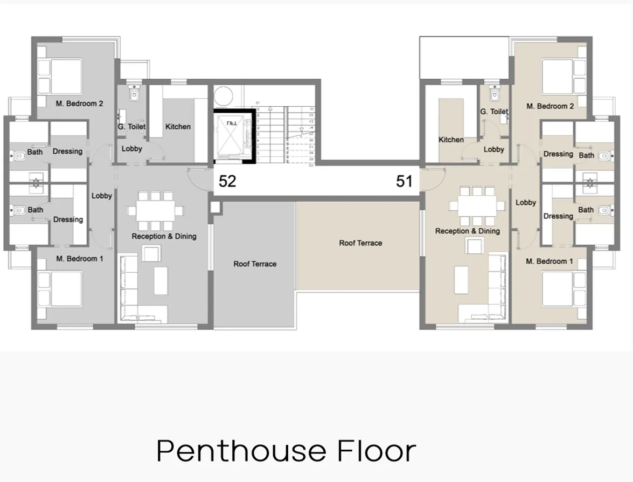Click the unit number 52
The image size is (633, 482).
click(x=227, y=181)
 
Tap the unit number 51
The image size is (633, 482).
click(x=404, y=181)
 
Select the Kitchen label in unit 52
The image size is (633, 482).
click(x=178, y=127)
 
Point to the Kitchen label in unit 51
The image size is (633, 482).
click(x=451, y=140)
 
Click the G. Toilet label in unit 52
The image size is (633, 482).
click(x=131, y=127)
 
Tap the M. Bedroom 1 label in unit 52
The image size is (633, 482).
click(x=80, y=259)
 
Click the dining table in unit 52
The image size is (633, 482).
click(x=156, y=209)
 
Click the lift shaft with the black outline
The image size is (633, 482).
click(x=233, y=136)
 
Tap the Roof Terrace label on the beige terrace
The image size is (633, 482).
click(x=360, y=243)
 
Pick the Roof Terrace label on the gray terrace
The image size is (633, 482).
click(x=255, y=264)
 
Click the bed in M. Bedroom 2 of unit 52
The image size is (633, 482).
click(x=61, y=76)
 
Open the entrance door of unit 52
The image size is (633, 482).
click(x=198, y=178)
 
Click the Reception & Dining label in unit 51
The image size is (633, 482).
click(x=467, y=231)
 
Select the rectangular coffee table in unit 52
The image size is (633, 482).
click(x=161, y=280)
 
